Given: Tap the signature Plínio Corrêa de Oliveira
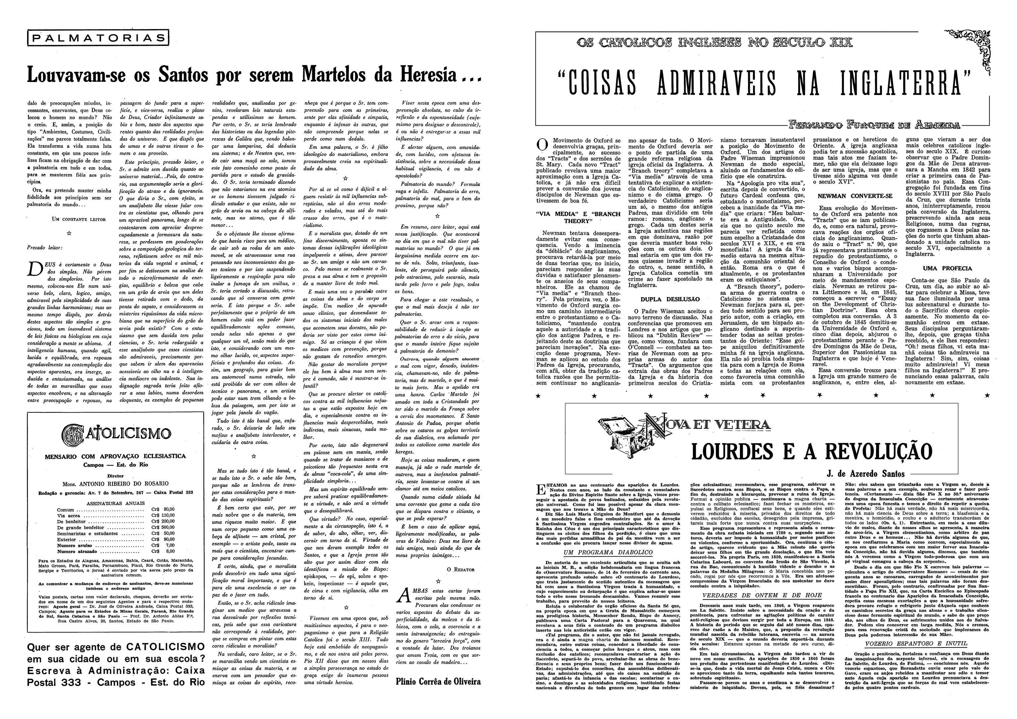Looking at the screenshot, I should pyautogui.click(x=438, y=681).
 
